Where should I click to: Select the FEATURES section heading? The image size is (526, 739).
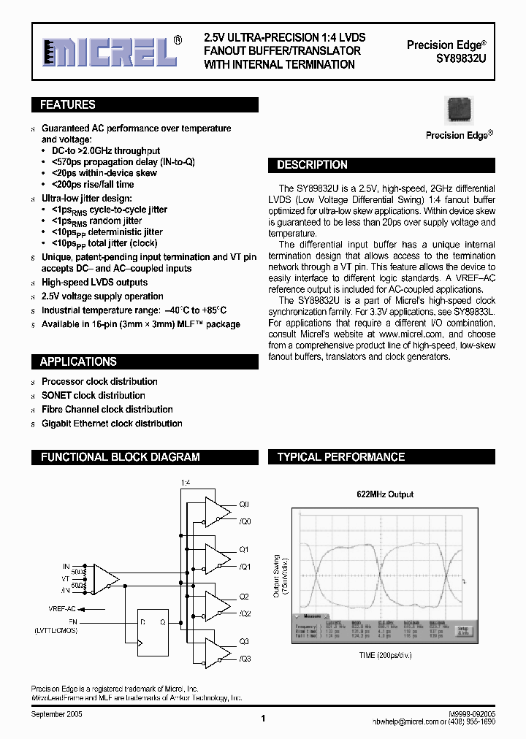click(68, 105)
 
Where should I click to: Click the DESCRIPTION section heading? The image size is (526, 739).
click(312, 165)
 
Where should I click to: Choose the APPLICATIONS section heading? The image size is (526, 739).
click(78, 361)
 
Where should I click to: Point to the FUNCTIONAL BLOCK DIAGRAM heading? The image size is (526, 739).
click(120, 457)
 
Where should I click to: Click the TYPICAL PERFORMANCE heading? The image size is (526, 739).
click(340, 457)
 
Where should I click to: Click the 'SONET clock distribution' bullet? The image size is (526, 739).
click(93, 395)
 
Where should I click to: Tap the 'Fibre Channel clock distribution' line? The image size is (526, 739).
click(107, 409)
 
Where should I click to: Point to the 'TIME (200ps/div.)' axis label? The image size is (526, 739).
click(384, 655)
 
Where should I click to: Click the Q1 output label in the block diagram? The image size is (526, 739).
click(244, 550)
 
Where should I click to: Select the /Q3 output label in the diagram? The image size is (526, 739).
click(245, 658)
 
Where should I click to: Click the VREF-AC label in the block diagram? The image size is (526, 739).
click(62, 608)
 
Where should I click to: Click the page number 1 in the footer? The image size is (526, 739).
click(262, 719)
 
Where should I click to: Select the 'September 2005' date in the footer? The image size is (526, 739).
click(56, 715)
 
